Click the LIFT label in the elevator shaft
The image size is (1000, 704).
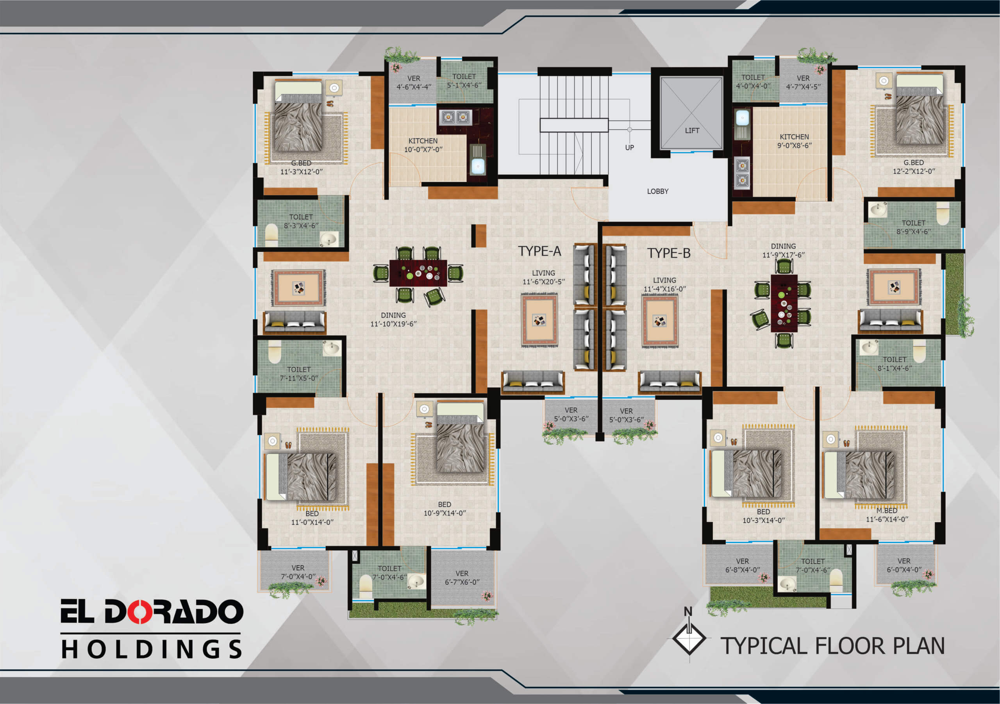pos(692,130)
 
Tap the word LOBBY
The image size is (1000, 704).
pos(657,191)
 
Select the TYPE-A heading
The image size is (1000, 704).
pos(539,251)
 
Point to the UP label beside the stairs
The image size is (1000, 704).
pos(629,148)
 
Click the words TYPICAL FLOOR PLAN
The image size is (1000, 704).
pos(832,646)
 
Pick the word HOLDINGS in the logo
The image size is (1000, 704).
pos(151,649)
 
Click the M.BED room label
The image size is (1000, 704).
pos(887,511)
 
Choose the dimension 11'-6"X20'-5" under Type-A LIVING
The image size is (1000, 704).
pos(543,282)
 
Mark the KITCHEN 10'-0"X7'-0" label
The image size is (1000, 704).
pos(423,145)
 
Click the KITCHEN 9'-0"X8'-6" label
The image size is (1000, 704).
pos(795,141)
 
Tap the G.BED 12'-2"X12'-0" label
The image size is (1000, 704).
pos(913,167)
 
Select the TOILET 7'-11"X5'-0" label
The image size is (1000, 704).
pos(299,373)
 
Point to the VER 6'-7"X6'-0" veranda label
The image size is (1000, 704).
pos(462,578)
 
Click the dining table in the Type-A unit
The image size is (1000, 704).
pos(418,273)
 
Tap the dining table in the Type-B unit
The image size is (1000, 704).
pos(784,303)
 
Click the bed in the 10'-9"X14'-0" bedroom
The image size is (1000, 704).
pos(460,437)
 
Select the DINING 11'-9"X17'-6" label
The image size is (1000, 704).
pos(783,250)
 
